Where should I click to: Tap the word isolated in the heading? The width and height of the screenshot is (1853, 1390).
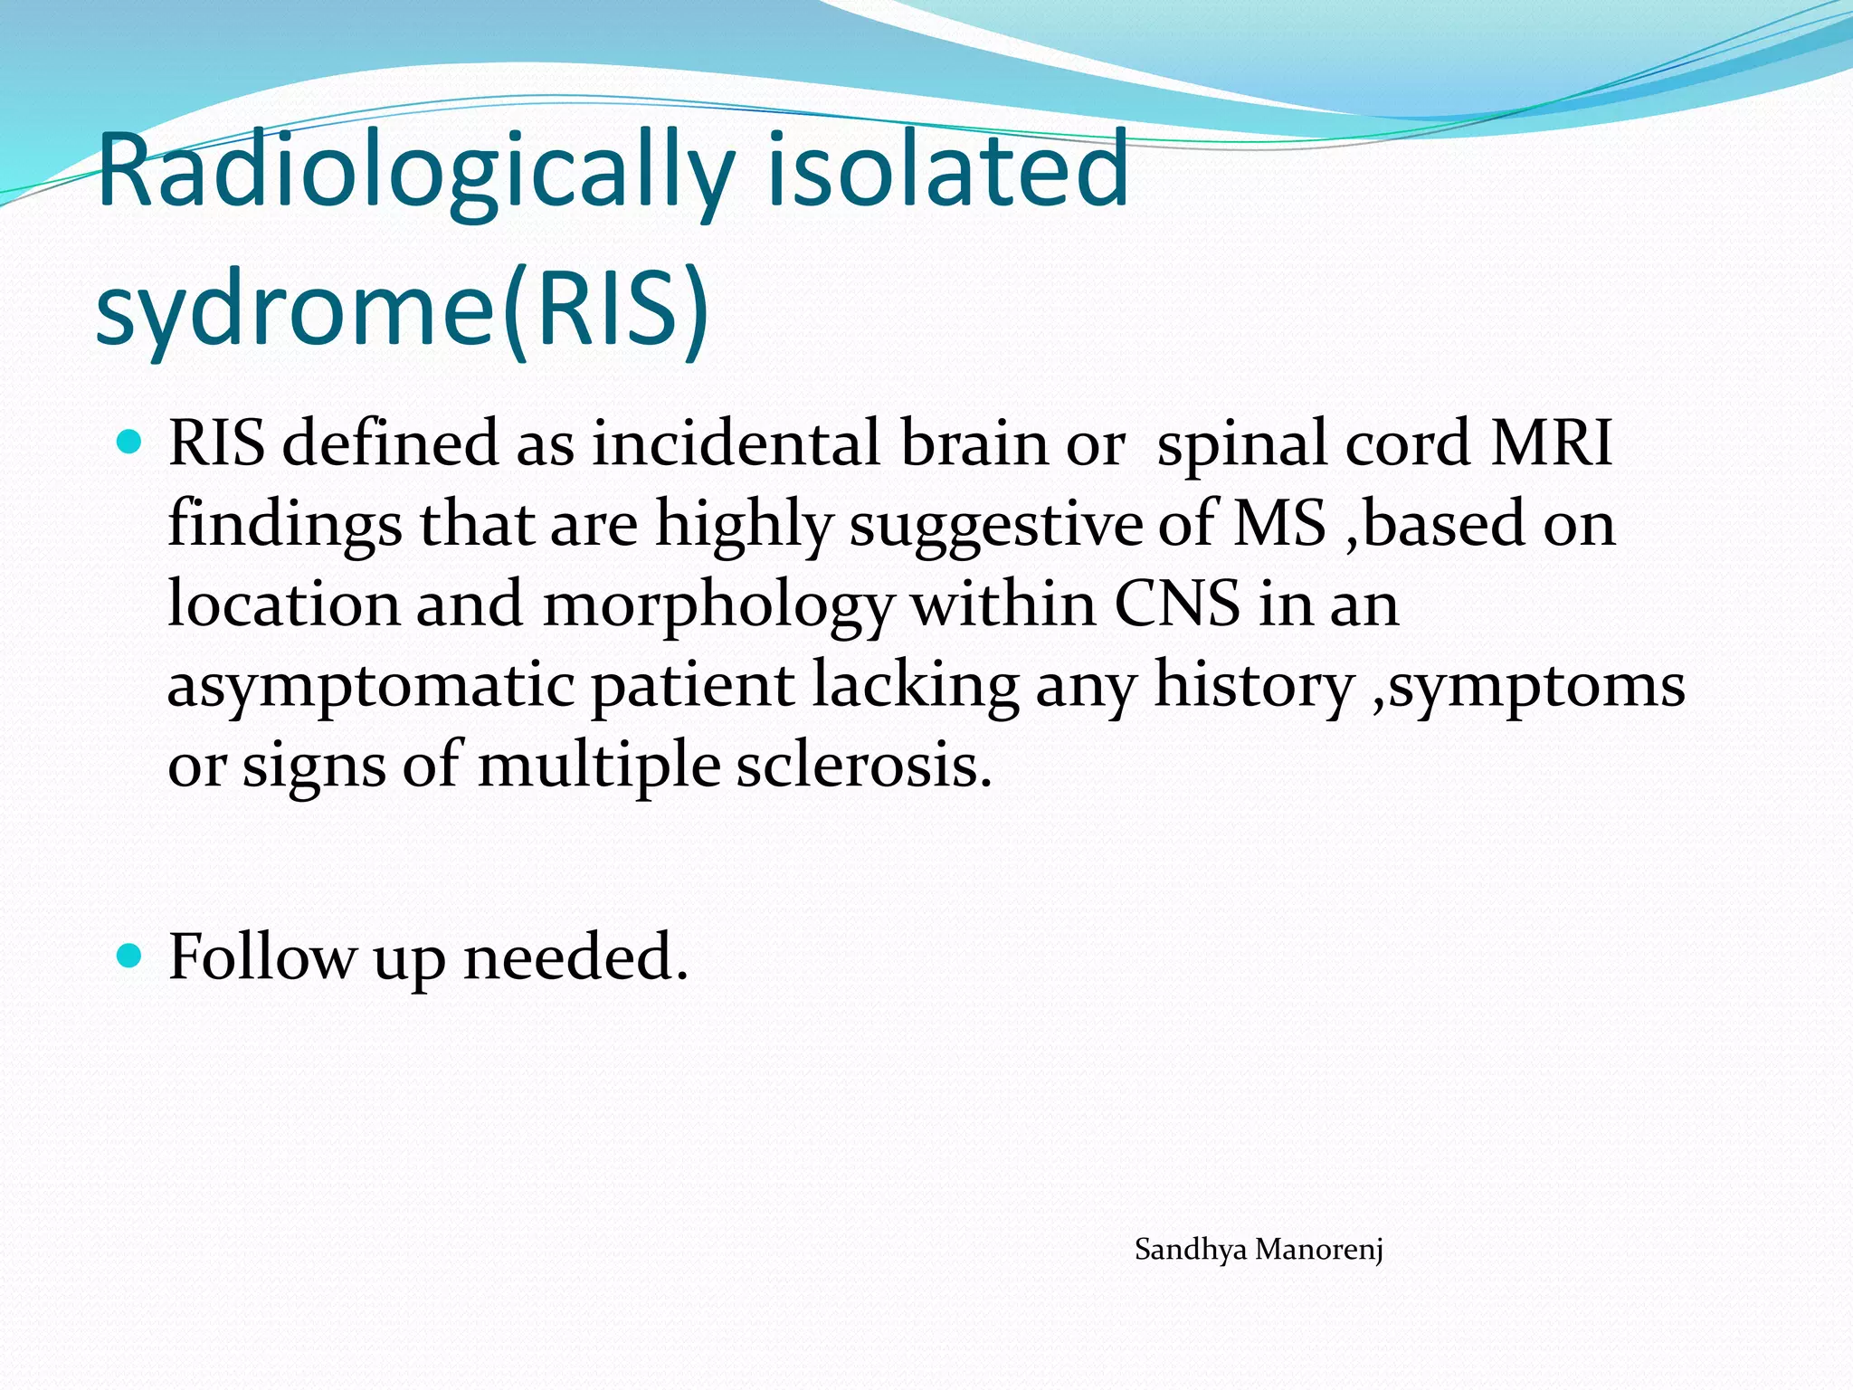pyautogui.click(x=947, y=170)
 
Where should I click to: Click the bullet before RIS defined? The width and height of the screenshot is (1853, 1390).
pyautogui.click(x=131, y=443)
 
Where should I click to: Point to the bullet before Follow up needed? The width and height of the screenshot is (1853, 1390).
pyautogui.click(x=131, y=956)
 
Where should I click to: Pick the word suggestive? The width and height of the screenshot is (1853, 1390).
pyautogui.click(x=994, y=525)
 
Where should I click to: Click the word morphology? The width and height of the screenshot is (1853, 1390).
pyautogui.click(x=718, y=605)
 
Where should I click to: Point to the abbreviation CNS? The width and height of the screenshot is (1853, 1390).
pyautogui.click(x=1176, y=605)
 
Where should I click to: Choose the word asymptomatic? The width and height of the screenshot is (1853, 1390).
pyautogui.click(x=371, y=686)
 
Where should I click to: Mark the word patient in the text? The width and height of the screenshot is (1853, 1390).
pyautogui.click(x=693, y=686)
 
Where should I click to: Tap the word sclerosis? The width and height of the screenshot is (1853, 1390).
pyautogui.click(x=864, y=766)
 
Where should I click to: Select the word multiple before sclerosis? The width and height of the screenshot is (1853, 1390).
pyautogui.click(x=598, y=766)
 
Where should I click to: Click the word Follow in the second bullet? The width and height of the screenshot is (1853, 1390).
pyautogui.click(x=261, y=957)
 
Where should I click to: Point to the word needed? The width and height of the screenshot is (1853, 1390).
pyautogui.click(x=575, y=957)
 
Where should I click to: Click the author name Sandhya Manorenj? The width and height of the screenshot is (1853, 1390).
pyautogui.click(x=1259, y=1250)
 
